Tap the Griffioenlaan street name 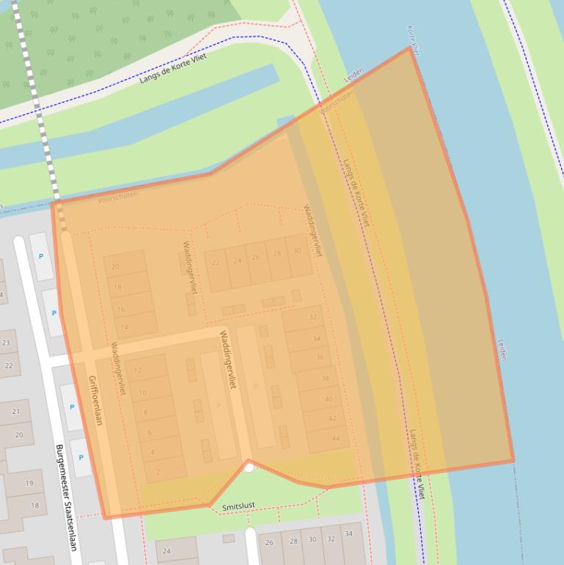tap(95, 400)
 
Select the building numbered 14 tap(125, 327)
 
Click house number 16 tap(120, 310)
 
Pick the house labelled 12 tap(137, 371)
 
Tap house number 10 tap(142, 393)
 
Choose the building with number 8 tap(145, 413)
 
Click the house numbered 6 tap(150, 433)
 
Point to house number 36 tap(320, 357)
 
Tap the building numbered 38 tap(325, 379)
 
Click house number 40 tap(329, 399)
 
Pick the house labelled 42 tap(332, 418)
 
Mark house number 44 tap(336, 438)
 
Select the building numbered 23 tap(7, 342)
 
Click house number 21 tap(15, 412)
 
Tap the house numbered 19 tap(29, 483)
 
